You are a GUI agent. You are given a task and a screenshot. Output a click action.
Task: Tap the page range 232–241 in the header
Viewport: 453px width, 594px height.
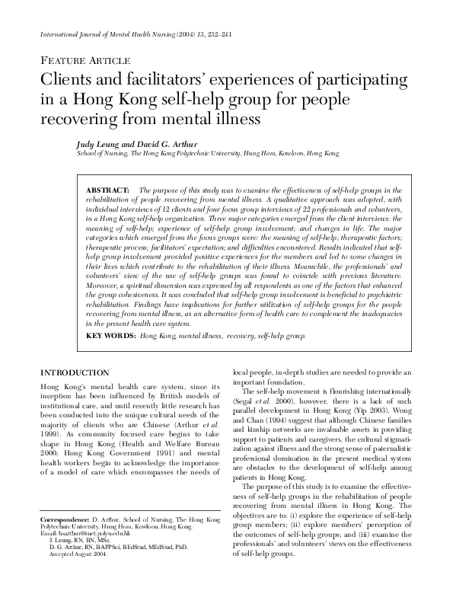coord(208,36)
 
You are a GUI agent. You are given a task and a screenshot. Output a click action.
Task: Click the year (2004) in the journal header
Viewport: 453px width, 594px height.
coord(168,36)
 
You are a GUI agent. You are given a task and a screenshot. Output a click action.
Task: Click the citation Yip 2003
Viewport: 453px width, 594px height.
coord(380,418)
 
